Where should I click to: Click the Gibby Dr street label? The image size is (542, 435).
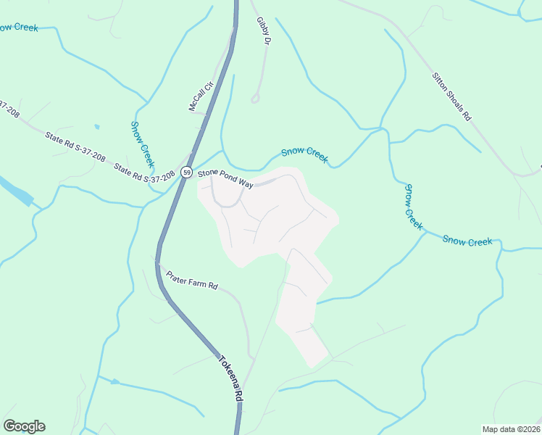(263, 33)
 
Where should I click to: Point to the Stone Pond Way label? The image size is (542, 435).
(225, 179)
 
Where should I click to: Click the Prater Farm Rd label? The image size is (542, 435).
(192, 280)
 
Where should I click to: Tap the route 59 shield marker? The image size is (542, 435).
(188, 173)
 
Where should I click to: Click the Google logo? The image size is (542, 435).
(24, 426)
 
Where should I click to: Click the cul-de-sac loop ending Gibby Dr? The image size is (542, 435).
(255, 98)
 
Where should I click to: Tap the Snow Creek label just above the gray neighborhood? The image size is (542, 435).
(304, 153)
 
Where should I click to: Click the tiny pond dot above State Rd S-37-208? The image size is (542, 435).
(97, 127)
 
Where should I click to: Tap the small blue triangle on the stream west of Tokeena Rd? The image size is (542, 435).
(114, 381)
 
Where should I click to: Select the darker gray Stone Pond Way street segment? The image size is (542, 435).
(266, 181)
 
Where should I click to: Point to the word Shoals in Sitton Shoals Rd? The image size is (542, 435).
(452, 96)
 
